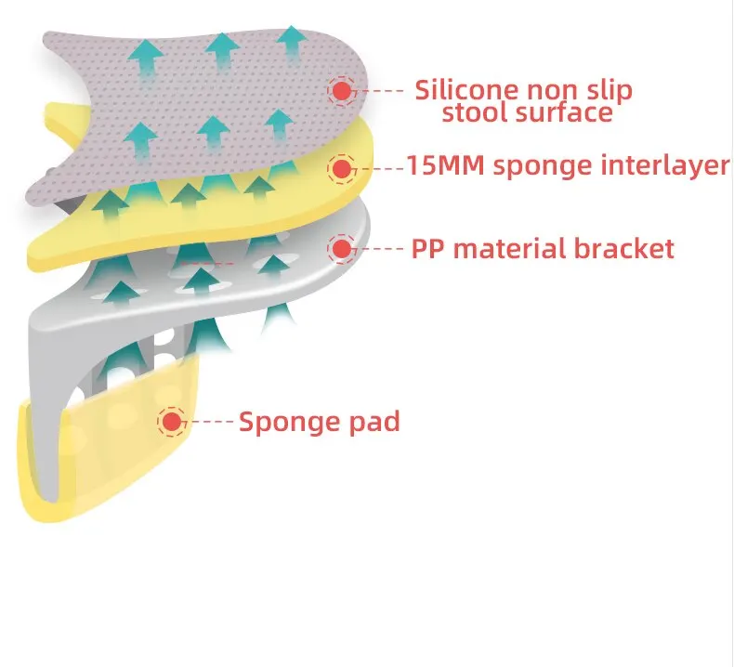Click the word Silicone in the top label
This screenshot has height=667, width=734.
pyautogui.click(x=460, y=90)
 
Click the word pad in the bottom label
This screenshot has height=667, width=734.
pyautogui.click(x=372, y=422)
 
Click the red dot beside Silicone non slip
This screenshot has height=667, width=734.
pyautogui.click(x=342, y=91)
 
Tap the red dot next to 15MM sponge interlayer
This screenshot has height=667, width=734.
pyautogui.click(x=341, y=169)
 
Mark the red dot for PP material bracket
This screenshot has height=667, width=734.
pyautogui.click(x=342, y=249)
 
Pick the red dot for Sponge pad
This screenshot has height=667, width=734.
pyautogui.click(x=171, y=422)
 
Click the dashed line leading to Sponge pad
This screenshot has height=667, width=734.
pyautogui.click(x=211, y=422)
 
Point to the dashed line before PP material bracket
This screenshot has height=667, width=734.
pyautogui.click(x=381, y=249)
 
